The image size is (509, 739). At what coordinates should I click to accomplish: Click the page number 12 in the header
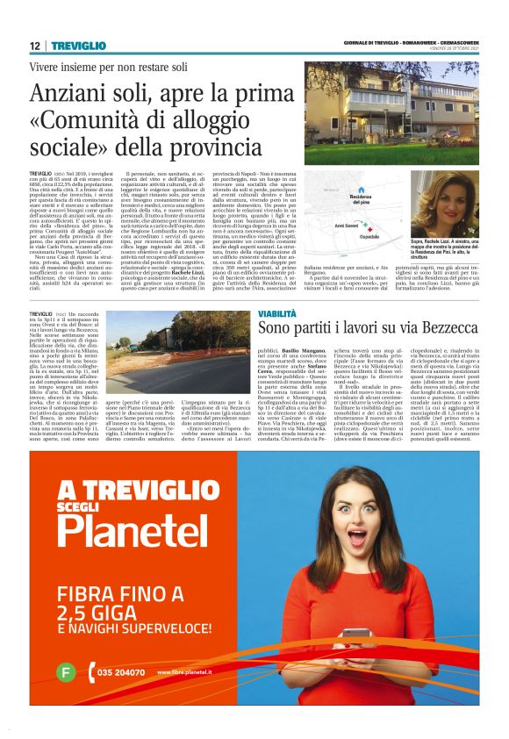tap(34, 46)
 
